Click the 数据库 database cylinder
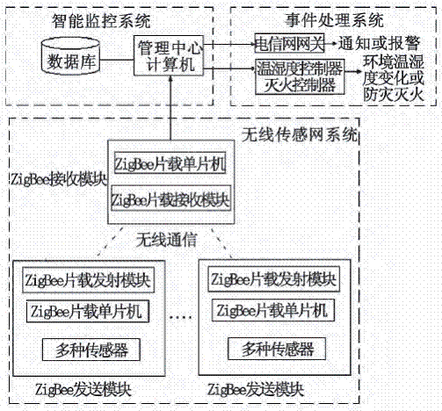pyautogui.click(x=70, y=56)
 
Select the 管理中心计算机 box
pyautogui.click(x=169, y=55)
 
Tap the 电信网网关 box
pyautogui.click(x=289, y=43)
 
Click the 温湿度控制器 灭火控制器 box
pyautogui.click(x=300, y=76)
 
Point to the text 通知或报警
pyautogui.click(x=380, y=43)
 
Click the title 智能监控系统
pyautogui.click(x=101, y=21)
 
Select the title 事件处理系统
pyautogui.click(x=334, y=20)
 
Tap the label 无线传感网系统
pyautogui.click(x=300, y=135)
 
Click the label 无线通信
pyautogui.click(x=166, y=241)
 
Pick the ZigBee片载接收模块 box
pyautogui.click(x=171, y=198)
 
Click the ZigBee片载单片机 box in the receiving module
pyautogui.click(x=170, y=162)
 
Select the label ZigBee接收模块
pyautogui.click(x=59, y=179)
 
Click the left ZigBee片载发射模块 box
pyautogui.click(x=88, y=280)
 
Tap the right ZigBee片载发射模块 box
pyautogui.click(x=273, y=279)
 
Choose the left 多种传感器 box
pyautogui.click(x=91, y=350)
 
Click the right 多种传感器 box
pyautogui.click(x=277, y=349)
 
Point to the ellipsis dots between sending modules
pyautogui.click(x=181, y=316)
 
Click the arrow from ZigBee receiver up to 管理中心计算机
pyautogui.click(x=170, y=108)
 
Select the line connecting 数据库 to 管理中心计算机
pyautogui.click(x=117, y=61)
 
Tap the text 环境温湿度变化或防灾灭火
pyautogui.click(x=394, y=78)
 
